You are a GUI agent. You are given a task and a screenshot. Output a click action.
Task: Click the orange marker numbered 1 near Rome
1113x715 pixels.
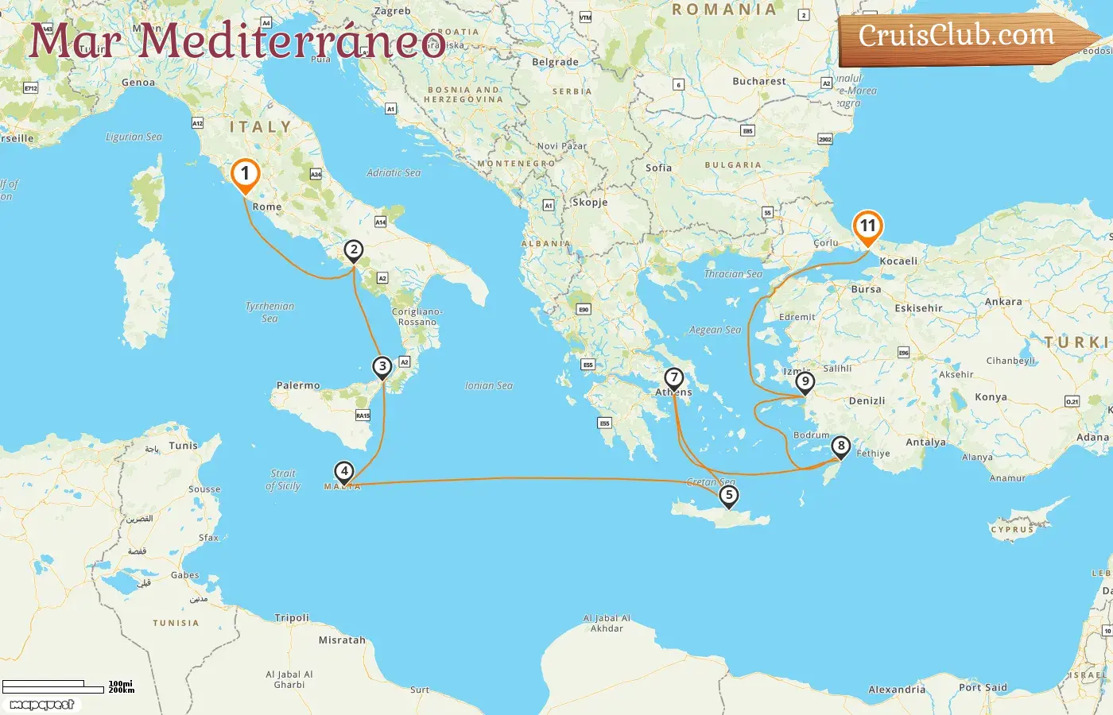coord(245,174)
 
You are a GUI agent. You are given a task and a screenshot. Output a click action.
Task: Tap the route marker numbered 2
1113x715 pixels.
coord(354,251)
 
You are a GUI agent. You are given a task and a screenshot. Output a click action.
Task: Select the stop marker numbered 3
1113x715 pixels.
coord(382,367)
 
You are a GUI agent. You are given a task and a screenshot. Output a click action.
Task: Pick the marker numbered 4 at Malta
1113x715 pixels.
coord(344,472)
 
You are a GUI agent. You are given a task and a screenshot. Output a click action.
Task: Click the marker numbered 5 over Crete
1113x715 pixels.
coord(728,496)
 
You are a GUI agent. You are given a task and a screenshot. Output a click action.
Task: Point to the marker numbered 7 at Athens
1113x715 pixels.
coord(674,378)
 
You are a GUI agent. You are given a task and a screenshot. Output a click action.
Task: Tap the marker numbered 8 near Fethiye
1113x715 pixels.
coord(841,446)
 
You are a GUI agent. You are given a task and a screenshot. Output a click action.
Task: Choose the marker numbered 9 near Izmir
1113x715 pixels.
coord(805,383)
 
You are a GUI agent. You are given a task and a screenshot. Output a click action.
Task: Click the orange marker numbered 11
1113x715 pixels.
coord(867,226)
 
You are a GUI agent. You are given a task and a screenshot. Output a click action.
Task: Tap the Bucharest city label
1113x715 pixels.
coord(758,81)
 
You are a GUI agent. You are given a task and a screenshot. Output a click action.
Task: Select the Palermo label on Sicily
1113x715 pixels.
coord(298,385)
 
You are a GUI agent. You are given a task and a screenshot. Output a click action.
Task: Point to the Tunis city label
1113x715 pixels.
coord(183,446)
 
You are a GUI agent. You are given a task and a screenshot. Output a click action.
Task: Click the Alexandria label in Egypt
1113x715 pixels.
coord(897,690)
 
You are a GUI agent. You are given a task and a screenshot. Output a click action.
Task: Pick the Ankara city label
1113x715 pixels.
coord(1003,302)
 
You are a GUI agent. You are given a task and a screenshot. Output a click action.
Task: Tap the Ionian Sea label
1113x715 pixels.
coord(489,385)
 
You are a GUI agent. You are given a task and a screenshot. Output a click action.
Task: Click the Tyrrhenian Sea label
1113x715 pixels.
coord(270,311)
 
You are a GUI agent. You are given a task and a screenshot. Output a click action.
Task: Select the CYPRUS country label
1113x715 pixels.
coord(1012,529)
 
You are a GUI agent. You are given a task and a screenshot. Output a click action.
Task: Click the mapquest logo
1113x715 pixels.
coord(41,704)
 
